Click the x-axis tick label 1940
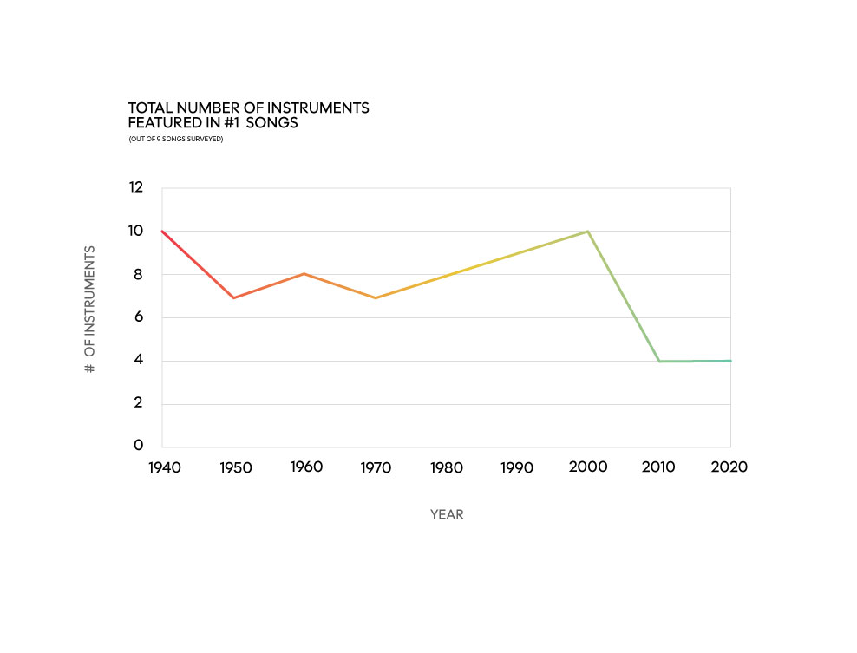[x=164, y=467]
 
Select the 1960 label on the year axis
[x=305, y=467]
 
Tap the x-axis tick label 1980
[x=447, y=467]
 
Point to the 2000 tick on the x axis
[x=588, y=467]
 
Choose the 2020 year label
[x=729, y=467]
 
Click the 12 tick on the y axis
[x=135, y=188]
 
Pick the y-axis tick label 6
[x=138, y=317]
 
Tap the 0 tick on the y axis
[x=138, y=446]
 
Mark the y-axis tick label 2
[x=138, y=403]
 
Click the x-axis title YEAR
[x=447, y=514]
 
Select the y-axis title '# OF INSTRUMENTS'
[x=89, y=310]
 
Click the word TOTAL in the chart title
[x=147, y=108]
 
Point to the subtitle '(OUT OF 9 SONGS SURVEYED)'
[x=176, y=139]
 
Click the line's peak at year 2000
[x=588, y=232]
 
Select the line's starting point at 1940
[x=162, y=232]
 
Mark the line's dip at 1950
[x=233, y=298]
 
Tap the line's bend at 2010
[x=659, y=361]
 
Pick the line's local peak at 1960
[x=304, y=274]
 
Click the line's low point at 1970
[x=376, y=298]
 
